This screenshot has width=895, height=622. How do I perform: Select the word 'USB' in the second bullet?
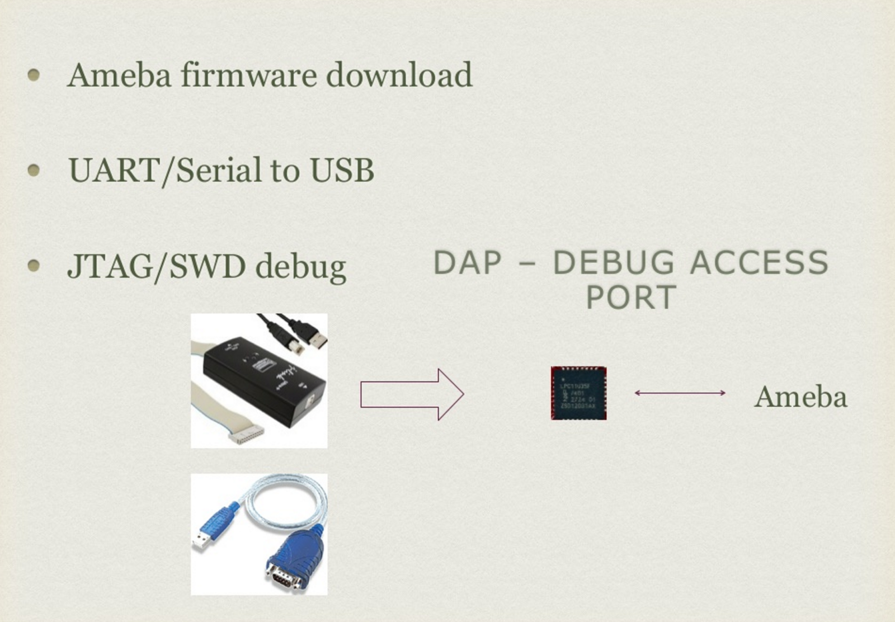pos(342,171)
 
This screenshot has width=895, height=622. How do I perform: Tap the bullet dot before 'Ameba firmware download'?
pos(34,75)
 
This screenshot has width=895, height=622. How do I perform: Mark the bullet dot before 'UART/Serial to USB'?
pos(34,170)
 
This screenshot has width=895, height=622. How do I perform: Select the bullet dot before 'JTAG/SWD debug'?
pos(34,266)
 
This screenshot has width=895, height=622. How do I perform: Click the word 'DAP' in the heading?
pos(468,263)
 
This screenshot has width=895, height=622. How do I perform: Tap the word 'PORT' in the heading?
pos(631,297)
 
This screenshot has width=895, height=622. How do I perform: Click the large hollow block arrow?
pos(412,394)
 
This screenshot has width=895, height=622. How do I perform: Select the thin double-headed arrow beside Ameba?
pos(680,393)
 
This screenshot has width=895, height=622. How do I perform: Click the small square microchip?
pos(578,393)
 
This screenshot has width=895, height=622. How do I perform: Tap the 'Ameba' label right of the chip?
pos(800,397)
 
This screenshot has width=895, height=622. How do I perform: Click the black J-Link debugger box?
pos(263,380)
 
